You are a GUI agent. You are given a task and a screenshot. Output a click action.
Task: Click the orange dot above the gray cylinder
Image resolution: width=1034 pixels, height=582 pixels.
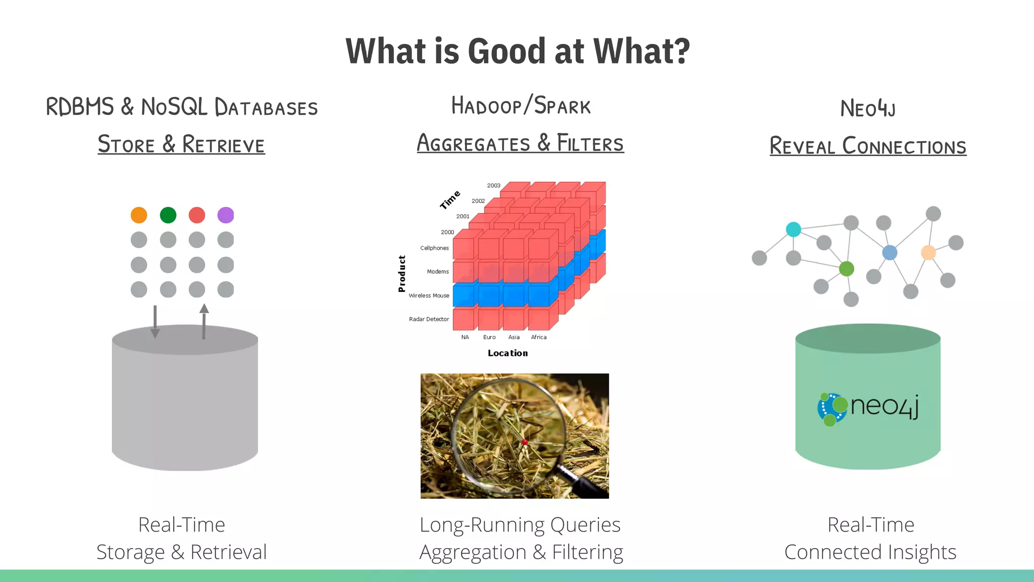click(139, 215)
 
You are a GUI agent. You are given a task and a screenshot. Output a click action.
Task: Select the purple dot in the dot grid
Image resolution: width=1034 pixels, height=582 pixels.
click(226, 215)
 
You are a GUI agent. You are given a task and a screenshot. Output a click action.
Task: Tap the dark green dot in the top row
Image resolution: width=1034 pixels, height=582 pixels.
click(168, 215)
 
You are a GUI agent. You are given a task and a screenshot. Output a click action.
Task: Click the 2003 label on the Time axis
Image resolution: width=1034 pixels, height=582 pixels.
click(494, 185)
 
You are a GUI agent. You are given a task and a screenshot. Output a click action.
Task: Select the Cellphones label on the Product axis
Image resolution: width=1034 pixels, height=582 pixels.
click(434, 248)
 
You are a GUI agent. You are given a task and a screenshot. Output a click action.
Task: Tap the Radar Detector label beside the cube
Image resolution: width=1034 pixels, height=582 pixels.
click(429, 319)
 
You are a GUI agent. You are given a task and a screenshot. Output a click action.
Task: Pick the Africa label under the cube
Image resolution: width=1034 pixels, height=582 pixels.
click(539, 337)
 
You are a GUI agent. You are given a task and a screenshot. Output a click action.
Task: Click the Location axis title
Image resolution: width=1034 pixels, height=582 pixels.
click(507, 353)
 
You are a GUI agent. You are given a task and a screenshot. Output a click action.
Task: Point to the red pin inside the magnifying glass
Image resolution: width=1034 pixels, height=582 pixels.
click(525, 443)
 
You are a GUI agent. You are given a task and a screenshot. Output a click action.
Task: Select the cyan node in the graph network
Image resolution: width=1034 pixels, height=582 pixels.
click(794, 229)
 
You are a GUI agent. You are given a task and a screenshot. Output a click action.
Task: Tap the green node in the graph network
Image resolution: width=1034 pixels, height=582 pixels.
click(847, 269)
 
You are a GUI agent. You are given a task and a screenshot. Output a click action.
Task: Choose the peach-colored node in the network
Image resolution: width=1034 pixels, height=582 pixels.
click(928, 252)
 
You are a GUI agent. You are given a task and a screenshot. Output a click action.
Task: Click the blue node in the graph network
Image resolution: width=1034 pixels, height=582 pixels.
click(890, 253)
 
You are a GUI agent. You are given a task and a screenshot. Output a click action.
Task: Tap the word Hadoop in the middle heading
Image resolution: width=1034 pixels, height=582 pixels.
click(486, 106)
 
